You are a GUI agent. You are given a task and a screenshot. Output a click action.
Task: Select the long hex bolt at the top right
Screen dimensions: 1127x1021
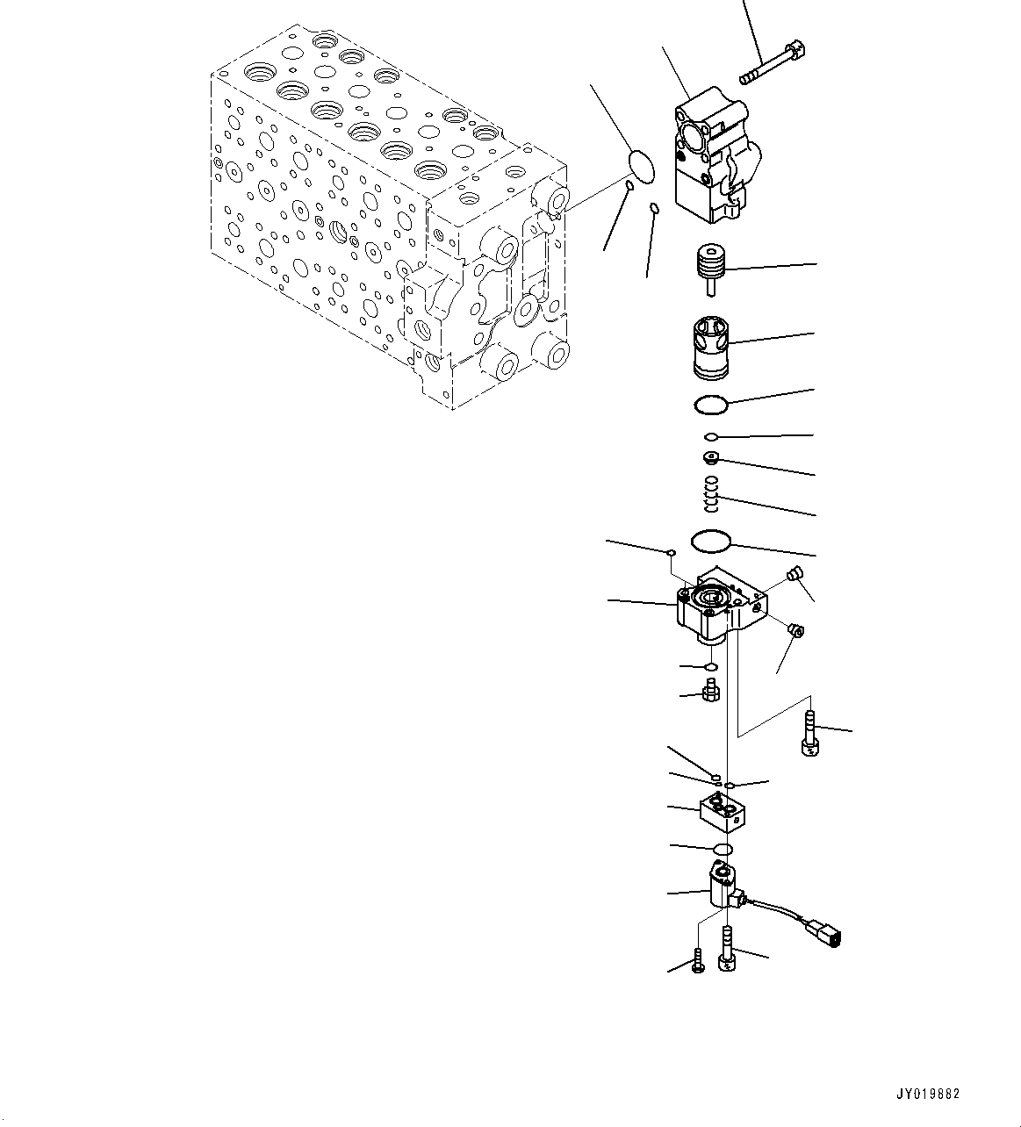coord(773,62)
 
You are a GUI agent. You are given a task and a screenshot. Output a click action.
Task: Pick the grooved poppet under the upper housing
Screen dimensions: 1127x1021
coord(712,267)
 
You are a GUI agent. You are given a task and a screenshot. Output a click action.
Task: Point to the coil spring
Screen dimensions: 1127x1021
coord(713,493)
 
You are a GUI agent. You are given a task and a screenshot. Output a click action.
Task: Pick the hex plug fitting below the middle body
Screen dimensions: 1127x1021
coord(711,692)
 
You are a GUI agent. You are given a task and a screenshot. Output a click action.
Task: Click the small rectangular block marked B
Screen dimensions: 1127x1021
coord(724,811)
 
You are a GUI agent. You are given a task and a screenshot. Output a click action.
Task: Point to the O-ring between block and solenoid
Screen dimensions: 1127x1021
coord(722,849)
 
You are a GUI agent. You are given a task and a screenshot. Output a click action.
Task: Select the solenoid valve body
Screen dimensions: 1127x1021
coord(723,887)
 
